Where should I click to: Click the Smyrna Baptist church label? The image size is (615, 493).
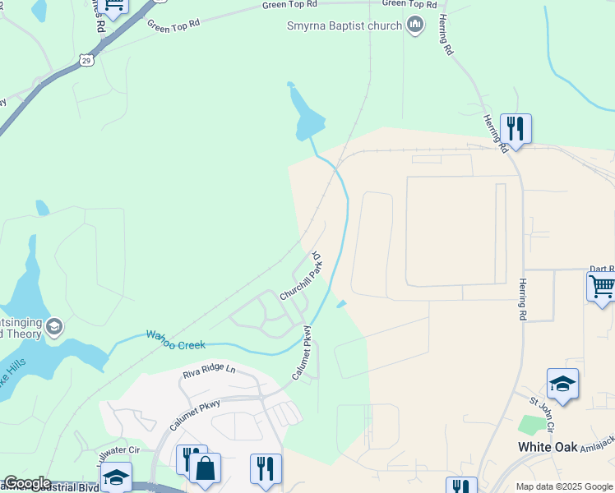(344, 25)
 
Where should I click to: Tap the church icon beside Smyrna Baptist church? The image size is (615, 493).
(415, 25)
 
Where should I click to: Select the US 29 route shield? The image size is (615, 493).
(87, 59)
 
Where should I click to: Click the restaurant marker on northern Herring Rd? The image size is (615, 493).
(516, 130)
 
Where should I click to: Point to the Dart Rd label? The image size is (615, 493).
(602, 269)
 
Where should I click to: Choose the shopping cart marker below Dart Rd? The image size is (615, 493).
(601, 288)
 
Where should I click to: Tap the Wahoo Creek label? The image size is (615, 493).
(175, 339)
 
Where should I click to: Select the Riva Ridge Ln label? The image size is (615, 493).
(209, 371)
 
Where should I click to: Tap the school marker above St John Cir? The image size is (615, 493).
(562, 384)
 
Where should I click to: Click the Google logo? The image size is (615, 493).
(26, 483)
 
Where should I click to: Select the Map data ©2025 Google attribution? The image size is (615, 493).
(563, 486)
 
